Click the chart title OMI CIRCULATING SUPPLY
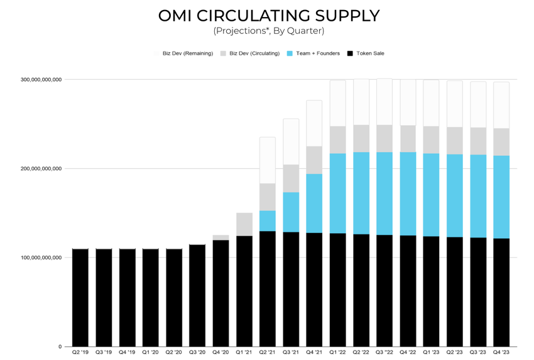pos(268,15)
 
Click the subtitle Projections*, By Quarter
pos(268,30)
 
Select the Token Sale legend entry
pos(369,53)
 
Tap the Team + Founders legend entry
pos(313,53)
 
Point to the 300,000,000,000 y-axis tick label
pos(40,80)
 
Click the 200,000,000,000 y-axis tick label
pos(40,168)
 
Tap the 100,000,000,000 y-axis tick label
pos(40,258)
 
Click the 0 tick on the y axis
pos(60,347)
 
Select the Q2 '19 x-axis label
pos(80,353)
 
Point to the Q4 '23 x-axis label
pos(501,353)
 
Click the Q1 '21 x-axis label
pos(244,353)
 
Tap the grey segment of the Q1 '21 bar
pos(244,224)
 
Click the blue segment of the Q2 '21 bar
pos(268,221)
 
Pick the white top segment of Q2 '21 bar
pos(268,160)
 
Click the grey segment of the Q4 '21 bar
pos(314,160)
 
